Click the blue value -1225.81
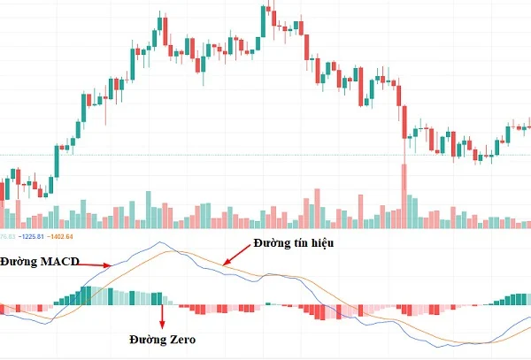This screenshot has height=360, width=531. pos(33,236)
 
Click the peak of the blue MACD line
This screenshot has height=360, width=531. pos(159,242)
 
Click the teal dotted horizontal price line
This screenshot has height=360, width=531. pos(265,156)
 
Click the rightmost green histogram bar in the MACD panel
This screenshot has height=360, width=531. pos(527,299)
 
